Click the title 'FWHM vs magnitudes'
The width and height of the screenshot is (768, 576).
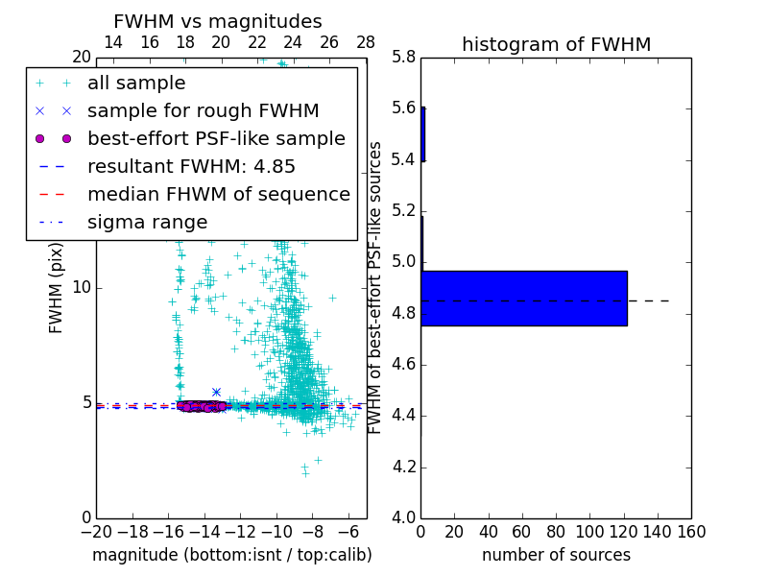click(218, 22)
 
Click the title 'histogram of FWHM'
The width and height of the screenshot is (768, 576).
click(556, 45)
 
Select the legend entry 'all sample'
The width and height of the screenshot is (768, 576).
click(136, 84)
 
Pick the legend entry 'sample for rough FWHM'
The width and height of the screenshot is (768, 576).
click(203, 111)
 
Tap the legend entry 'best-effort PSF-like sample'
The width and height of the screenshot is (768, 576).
click(216, 139)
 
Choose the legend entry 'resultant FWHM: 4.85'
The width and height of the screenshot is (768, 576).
click(191, 167)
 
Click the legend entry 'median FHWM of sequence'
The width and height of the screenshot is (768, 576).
click(218, 195)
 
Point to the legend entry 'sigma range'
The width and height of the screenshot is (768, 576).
click(147, 223)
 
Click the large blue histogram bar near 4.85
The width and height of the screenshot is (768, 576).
click(524, 299)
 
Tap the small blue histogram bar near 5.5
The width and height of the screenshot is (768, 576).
click(423, 133)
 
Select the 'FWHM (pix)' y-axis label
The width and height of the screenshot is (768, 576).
click(57, 287)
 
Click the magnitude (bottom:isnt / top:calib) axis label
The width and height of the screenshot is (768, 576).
click(231, 555)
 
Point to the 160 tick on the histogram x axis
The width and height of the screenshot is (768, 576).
click(690, 530)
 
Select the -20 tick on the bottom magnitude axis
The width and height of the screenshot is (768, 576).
click(96, 530)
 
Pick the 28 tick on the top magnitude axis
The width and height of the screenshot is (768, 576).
click(366, 42)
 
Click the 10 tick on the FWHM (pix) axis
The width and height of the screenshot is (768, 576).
click(82, 288)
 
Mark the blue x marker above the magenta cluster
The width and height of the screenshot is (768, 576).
click(216, 392)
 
